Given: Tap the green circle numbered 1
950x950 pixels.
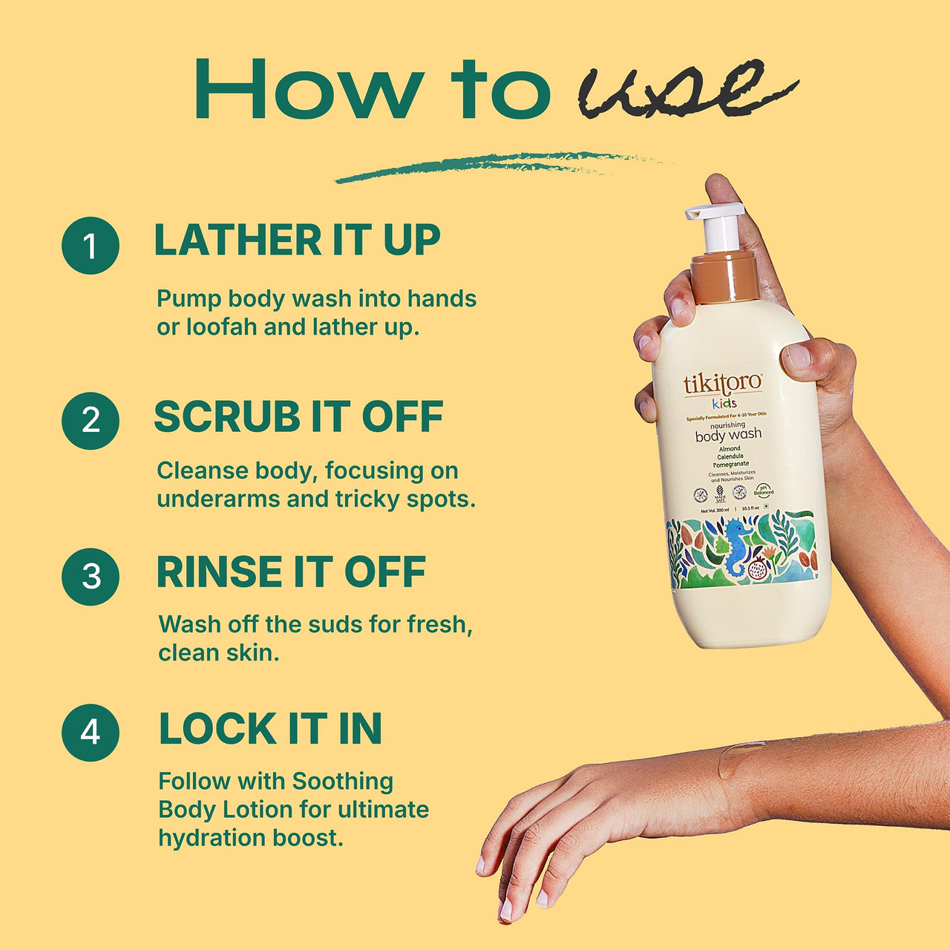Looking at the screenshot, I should pos(91,246).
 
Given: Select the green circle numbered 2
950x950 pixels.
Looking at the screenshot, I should pos(91,421).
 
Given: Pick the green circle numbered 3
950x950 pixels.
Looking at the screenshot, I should pos(91,577).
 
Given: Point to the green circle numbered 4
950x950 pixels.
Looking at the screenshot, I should pos(91,733).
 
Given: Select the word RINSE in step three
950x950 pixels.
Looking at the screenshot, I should pos(217,572).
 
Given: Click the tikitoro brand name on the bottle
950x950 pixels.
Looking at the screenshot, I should pos(722,384).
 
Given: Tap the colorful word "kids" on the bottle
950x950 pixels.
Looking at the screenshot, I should pos(724,404).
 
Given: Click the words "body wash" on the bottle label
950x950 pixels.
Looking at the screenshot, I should pos(728,435).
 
